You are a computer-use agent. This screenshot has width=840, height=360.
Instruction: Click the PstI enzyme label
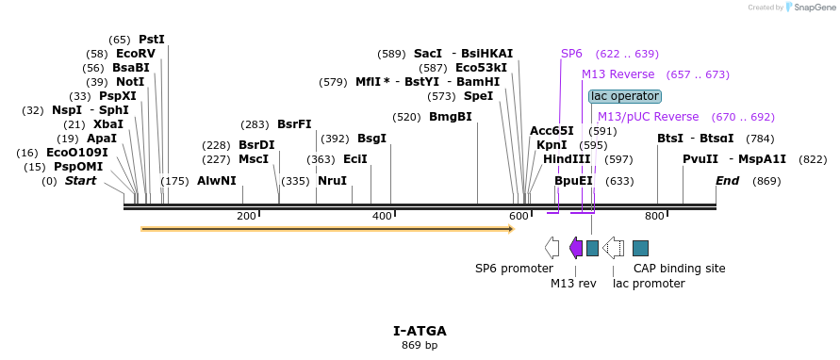pyautogui.click(x=151, y=40)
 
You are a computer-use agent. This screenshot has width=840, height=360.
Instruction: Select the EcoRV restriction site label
pyautogui.click(x=135, y=54)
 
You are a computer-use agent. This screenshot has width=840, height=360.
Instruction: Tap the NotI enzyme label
pyautogui.click(x=130, y=82)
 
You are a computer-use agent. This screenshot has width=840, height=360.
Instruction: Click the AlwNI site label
pyautogui.click(x=216, y=181)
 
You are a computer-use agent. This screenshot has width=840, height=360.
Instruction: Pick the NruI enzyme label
pyautogui.click(x=332, y=181)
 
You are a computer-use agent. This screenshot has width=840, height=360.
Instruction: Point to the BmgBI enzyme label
pyautogui.click(x=450, y=117)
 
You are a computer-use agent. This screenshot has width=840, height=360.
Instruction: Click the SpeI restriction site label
pyautogui.click(x=478, y=96)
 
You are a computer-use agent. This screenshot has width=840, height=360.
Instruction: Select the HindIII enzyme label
pyautogui.click(x=567, y=159)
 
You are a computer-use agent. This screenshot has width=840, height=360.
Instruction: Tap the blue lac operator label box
pyautogui.click(x=625, y=96)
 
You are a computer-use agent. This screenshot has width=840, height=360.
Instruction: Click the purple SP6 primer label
pyautogui.click(x=571, y=54)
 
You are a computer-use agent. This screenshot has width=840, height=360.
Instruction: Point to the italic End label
pyautogui.click(x=727, y=181)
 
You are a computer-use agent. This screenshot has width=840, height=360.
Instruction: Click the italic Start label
pyautogui.click(x=80, y=181)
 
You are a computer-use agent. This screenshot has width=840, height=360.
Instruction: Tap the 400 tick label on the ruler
pyautogui.click(x=382, y=217)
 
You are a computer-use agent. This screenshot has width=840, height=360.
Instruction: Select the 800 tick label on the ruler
pyautogui.click(x=654, y=217)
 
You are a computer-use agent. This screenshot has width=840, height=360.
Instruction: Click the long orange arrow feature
pyautogui.click(x=327, y=228)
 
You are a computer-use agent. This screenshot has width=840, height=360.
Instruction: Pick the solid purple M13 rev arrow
pyautogui.click(x=576, y=248)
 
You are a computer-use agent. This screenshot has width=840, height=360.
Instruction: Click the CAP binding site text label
pyautogui.click(x=679, y=269)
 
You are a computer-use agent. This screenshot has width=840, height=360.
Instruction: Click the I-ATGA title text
pyautogui.click(x=420, y=331)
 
